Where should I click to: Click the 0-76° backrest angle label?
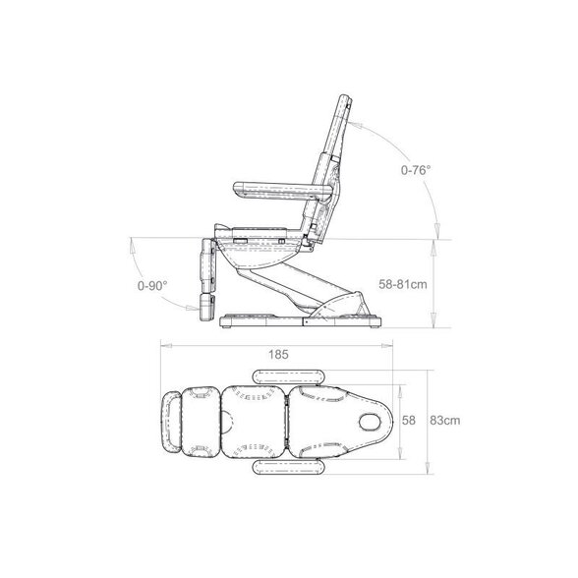click(x=416, y=170)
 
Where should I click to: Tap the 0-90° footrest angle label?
click(x=152, y=285)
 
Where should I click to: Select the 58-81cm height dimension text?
click(x=403, y=284)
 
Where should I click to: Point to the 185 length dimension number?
click(x=278, y=355)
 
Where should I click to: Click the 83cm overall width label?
click(x=445, y=421)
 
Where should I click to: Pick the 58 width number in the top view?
click(x=409, y=421)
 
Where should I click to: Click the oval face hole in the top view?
click(x=371, y=422)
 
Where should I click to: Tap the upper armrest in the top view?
click(x=289, y=376)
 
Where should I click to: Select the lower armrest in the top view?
click(x=289, y=467)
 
